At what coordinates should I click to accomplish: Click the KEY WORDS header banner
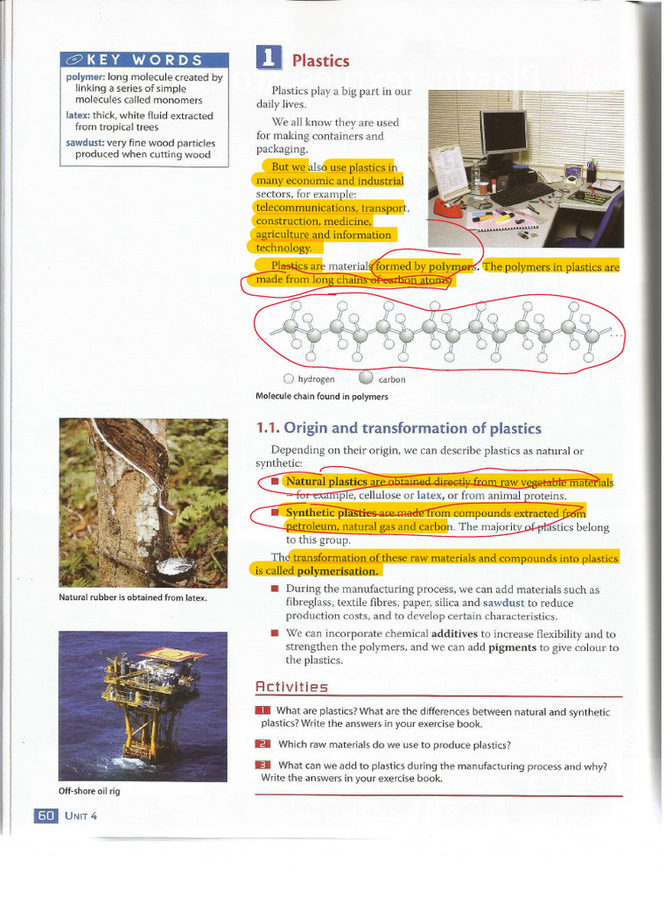coord(143,60)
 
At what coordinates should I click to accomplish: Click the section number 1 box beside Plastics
coord(269,58)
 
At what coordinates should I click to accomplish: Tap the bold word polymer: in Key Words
coord(85,77)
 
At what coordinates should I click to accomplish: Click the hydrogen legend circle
coord(289,379)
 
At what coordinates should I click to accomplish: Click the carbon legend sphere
coord(366,378)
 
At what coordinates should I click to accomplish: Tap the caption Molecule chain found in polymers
coord(321,396)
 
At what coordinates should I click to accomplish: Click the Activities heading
coord(291,687)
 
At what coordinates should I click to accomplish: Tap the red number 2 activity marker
coord(263,745)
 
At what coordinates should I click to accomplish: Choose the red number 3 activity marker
coord(263,765)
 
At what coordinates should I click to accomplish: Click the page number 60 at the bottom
coord(45,815)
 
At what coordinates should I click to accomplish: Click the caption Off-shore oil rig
coord(90,791)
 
